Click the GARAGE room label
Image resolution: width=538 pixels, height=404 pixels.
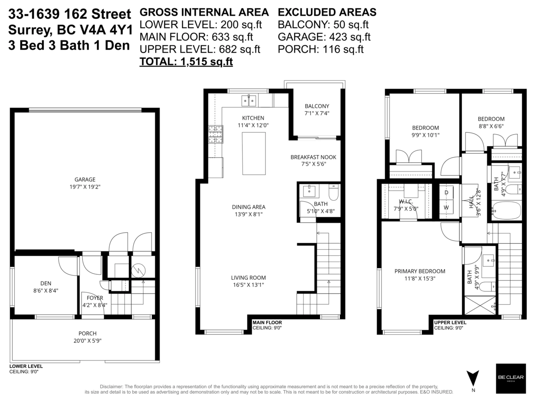[x=85, y=179]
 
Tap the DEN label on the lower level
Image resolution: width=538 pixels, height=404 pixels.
[x=46, y=283]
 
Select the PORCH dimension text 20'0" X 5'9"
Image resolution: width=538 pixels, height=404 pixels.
[x=87, y=341]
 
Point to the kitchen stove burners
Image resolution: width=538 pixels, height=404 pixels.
[x=215, y=134]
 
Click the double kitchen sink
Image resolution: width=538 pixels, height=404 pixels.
[x=248, y=101]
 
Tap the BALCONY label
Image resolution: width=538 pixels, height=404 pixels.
[x=317, y=106]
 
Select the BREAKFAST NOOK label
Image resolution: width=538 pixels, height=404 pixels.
[x=313, y=157]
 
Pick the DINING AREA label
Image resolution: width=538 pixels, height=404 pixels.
[x=248, y=207]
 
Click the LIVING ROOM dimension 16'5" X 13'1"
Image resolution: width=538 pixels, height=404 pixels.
[x=248, y=285]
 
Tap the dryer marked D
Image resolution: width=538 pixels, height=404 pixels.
[x=446, y=193]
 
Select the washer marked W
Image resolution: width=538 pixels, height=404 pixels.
[x=446, y=207]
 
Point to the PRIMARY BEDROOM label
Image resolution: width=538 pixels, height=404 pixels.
[x=420, y=271]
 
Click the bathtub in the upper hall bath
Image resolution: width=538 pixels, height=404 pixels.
[x=506, y=210]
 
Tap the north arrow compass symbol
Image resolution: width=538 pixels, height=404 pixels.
[x=473, y=379]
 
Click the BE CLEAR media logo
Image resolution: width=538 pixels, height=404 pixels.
[x=510, y=378]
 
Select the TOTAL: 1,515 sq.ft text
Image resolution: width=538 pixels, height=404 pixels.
[x=186, y=62]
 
